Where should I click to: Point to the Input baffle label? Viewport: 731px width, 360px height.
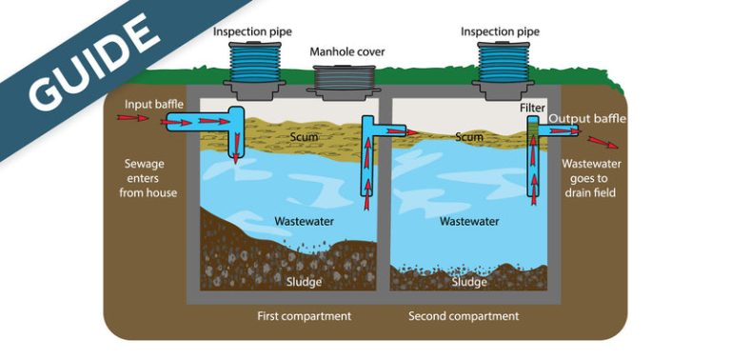coord(153,102)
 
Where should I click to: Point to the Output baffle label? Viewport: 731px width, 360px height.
coord(587,118)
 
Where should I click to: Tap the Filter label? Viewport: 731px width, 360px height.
coord(532,109)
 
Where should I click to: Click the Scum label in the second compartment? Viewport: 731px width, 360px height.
coord(469,137)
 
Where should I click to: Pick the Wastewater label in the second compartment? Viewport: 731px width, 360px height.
coord(469,221)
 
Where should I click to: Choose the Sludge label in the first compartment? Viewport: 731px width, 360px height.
coord(305,282)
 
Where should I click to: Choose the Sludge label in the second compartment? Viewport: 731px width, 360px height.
coord(469,282)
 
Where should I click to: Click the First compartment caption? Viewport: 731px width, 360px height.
coord(305,315)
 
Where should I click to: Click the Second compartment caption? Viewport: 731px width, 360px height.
coord(464,315)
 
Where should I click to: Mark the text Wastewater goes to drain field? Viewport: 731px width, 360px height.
coord(588,177)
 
